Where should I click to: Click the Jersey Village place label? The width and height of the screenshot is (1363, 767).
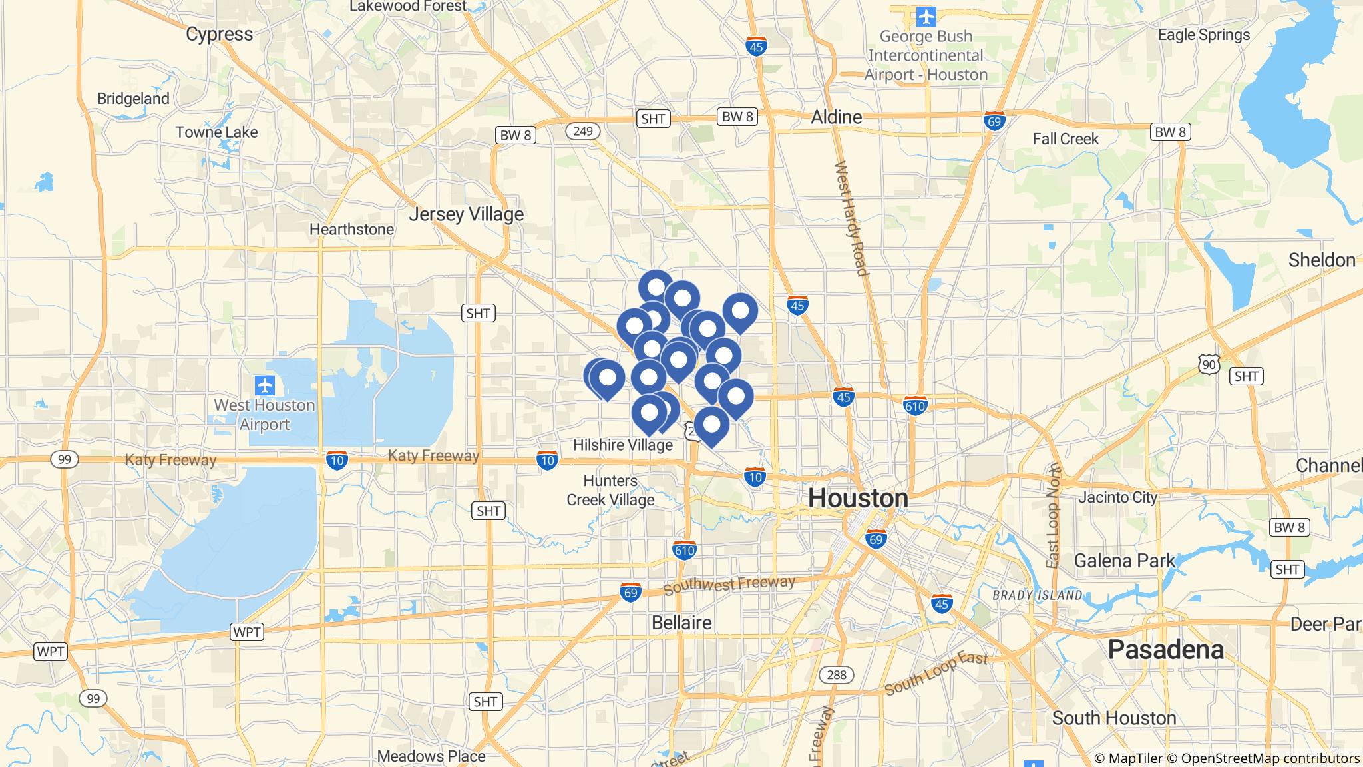[466, 214]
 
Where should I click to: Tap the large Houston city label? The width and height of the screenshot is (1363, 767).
[858, 498]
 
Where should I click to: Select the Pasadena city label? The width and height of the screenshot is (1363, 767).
[1165, 650]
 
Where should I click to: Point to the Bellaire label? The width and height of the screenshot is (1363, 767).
[681, 623]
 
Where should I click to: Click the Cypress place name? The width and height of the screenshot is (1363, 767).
[219, 34]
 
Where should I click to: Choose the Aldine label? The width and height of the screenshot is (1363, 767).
[836, 117]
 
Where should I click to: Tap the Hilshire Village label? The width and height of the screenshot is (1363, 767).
[622, 445]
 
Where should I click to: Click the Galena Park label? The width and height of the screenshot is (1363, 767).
[1125, 561]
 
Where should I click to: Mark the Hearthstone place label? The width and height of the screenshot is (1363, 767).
[351, 229]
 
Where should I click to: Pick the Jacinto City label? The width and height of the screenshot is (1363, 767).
[1118, 497]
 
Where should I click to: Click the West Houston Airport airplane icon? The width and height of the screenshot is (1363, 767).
[265, 385]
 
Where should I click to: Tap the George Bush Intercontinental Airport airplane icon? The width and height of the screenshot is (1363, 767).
[926, 15]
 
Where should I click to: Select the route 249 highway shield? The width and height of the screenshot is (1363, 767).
[582, 131]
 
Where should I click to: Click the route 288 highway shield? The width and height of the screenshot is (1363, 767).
[836, 675]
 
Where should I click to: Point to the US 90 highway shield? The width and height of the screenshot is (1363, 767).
[1209, 364]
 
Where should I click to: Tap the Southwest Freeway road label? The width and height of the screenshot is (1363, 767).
[729, 585]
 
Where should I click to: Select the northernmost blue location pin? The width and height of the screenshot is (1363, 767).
[656, 288]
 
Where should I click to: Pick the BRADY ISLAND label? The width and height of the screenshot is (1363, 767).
[1038, 595]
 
